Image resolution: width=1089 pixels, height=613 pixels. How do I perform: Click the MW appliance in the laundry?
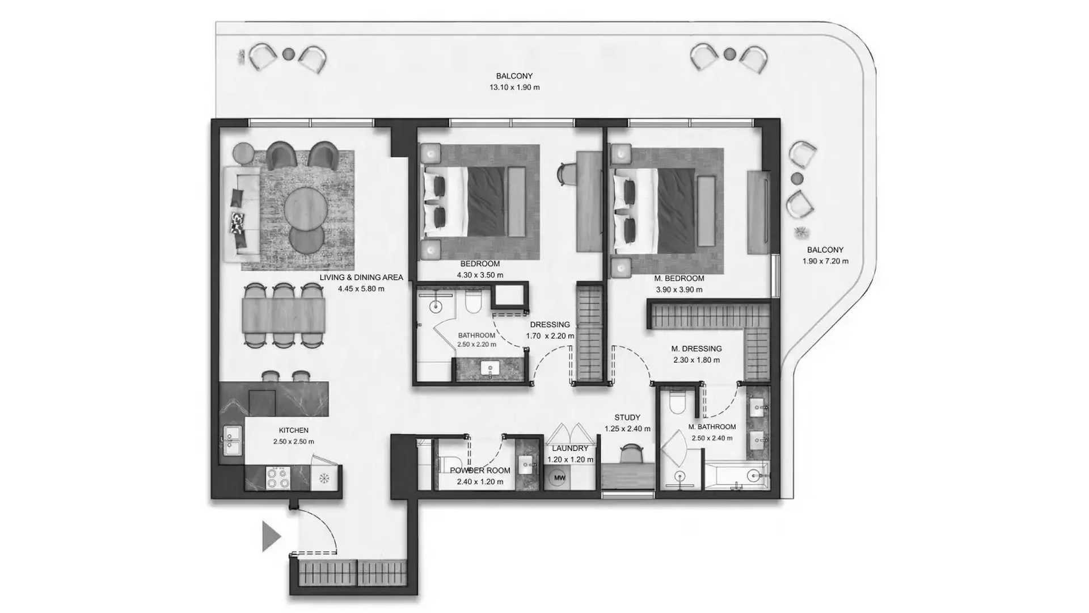pos(559,477)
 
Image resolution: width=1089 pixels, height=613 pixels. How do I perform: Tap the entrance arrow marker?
pos(271,536)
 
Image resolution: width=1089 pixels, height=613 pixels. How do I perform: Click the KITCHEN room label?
pos(294,430)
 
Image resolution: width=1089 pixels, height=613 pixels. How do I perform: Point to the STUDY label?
pos(627,417)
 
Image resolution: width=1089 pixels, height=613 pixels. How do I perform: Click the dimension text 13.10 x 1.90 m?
pos(514,87)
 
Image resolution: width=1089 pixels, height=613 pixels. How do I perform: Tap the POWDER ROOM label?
pos(480,471)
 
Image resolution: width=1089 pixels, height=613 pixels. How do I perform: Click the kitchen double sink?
pos(231,440)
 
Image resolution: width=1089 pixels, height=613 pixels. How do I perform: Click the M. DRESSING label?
pos(697,349)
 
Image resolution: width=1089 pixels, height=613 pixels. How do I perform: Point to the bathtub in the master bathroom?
pos(736,476)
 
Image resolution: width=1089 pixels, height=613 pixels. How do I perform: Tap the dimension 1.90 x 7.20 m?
pos(825,261)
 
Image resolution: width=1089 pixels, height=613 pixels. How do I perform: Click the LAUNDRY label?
pos(570,448)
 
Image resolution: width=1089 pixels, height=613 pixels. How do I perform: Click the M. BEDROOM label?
pos(679,278)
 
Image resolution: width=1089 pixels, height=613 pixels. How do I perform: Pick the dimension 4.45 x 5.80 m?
pos(361,288)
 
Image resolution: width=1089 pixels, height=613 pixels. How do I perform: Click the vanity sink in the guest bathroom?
pos(488,369)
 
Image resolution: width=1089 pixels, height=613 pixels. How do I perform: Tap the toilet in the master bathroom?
pos(678,402)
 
